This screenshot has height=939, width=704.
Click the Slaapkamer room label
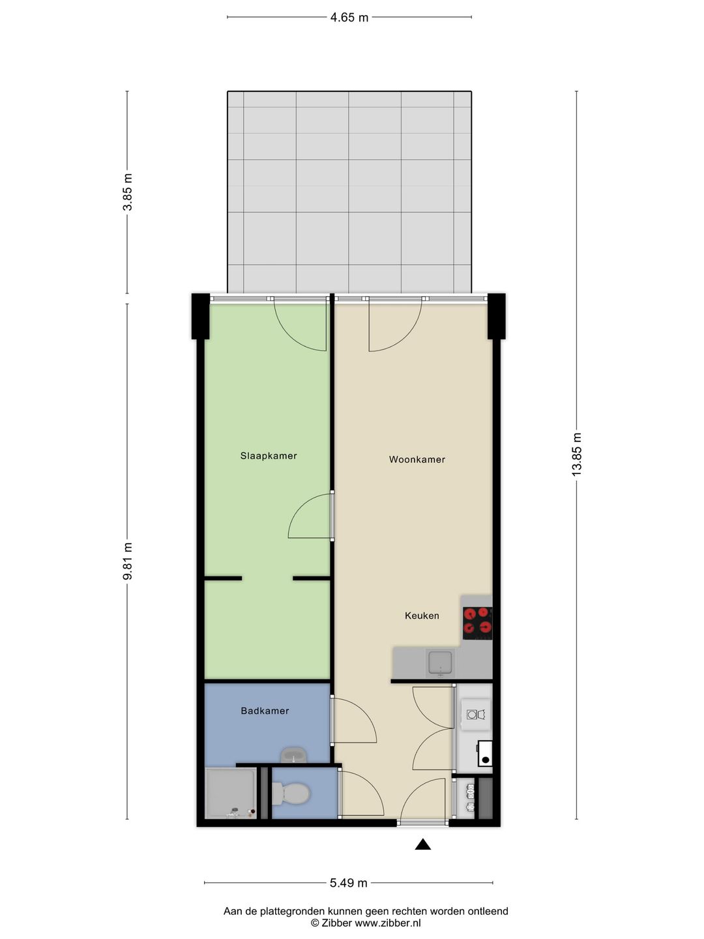click(269, 456)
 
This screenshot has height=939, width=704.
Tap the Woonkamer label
click(417, 459)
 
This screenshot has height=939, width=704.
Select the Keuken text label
click(422, 616)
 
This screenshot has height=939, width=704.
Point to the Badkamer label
click(265, 711)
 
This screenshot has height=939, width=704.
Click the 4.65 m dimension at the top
click(349, 18)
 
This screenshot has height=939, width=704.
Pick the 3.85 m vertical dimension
click(128, 192)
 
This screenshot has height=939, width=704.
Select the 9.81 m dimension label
click(128, 561)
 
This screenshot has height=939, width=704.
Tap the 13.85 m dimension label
click(577, 455)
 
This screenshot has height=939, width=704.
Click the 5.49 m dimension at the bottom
click(348, 883)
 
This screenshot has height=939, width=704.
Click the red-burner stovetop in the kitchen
click(477, 622)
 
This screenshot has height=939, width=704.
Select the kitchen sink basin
click(441, 663)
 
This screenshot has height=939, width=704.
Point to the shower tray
click(229, 793)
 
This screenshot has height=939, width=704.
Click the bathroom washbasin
click(293, 756)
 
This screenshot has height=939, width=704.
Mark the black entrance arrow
click(423, 844)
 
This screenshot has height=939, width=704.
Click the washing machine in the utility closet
click(475, 715)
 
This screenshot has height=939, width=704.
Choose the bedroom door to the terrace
click(300, 326)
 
